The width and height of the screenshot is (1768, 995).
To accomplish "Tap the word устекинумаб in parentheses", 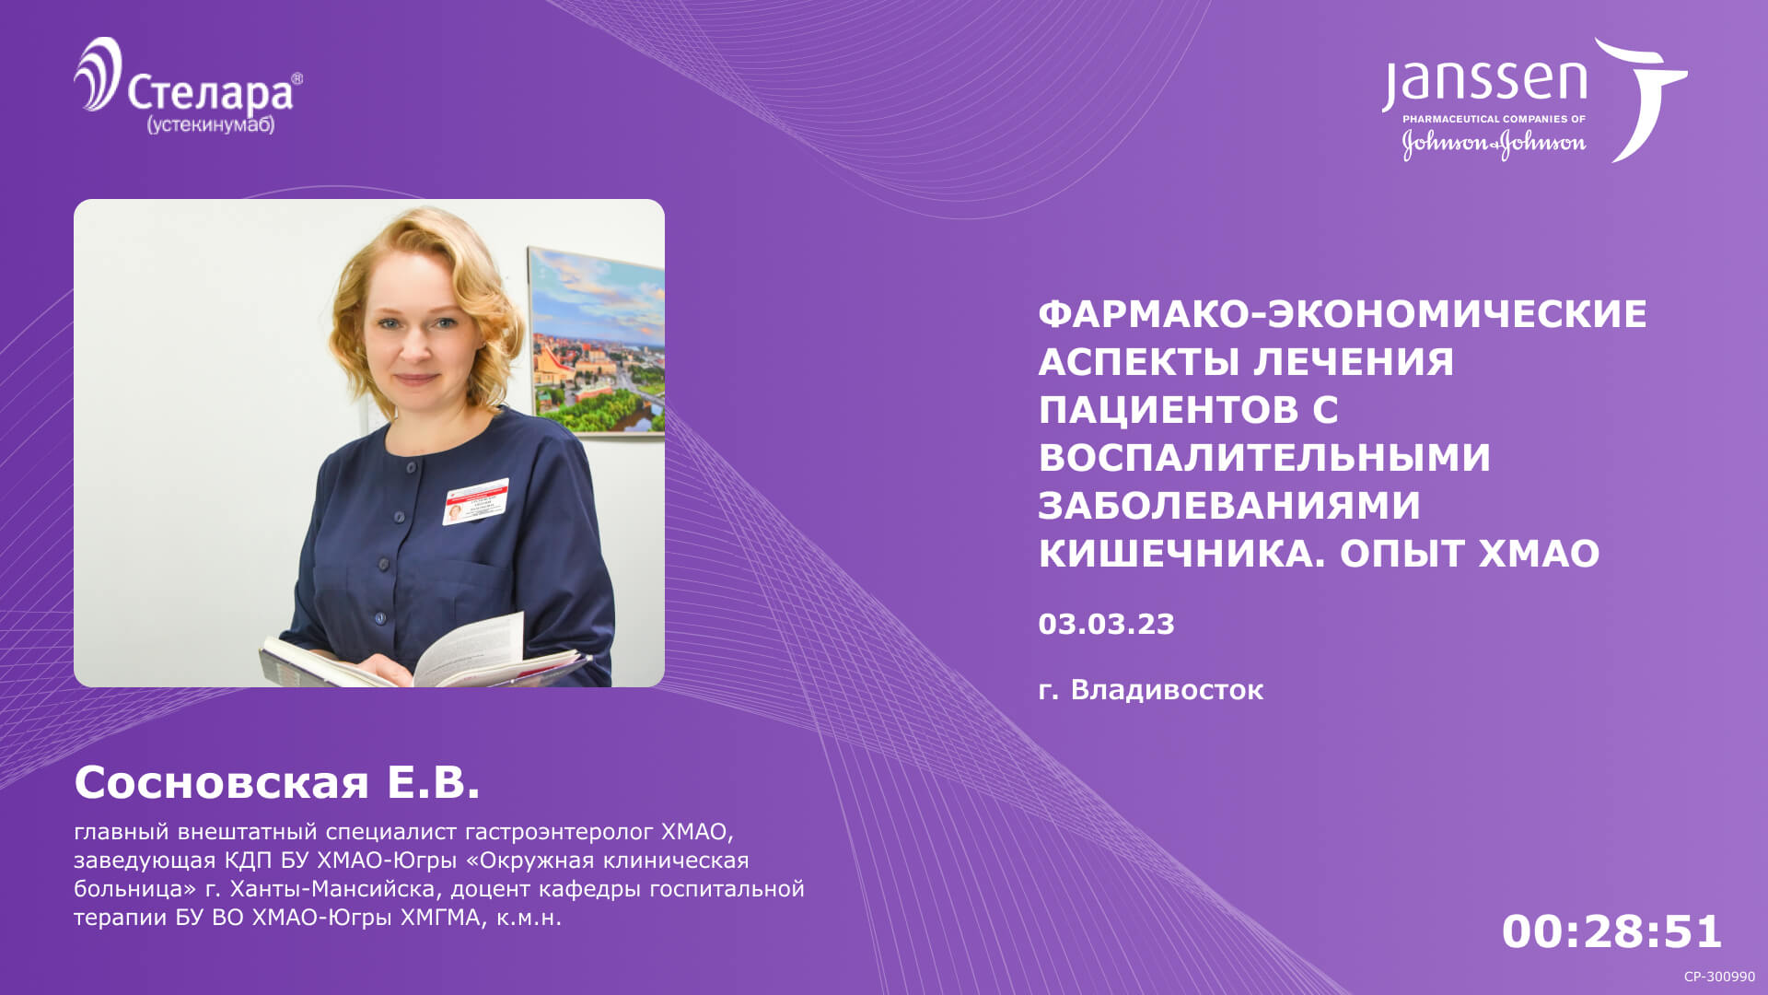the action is coord(211,124).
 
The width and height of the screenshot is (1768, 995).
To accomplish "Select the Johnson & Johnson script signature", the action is coord(1494,144).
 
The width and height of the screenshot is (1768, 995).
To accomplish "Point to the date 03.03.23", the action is coord(1106,624).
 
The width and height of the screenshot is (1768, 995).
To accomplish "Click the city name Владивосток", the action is coord(1167,689).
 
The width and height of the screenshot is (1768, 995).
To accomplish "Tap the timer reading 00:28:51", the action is coord(1611,931).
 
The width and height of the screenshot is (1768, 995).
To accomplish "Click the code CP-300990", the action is coord(1719,977).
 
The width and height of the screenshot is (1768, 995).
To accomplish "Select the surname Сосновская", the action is coord(221,783).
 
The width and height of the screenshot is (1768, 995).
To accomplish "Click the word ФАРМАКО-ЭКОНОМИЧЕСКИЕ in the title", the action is coord(1343,314).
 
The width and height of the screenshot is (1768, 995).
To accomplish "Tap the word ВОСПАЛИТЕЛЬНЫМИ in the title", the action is coord(1264,458).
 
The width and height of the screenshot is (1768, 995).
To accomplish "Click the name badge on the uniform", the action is coord(475,501).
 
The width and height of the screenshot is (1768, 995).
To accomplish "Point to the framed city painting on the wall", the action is coord(597,341).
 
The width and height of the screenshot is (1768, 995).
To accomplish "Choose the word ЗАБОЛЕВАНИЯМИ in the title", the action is coord(1229,506).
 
